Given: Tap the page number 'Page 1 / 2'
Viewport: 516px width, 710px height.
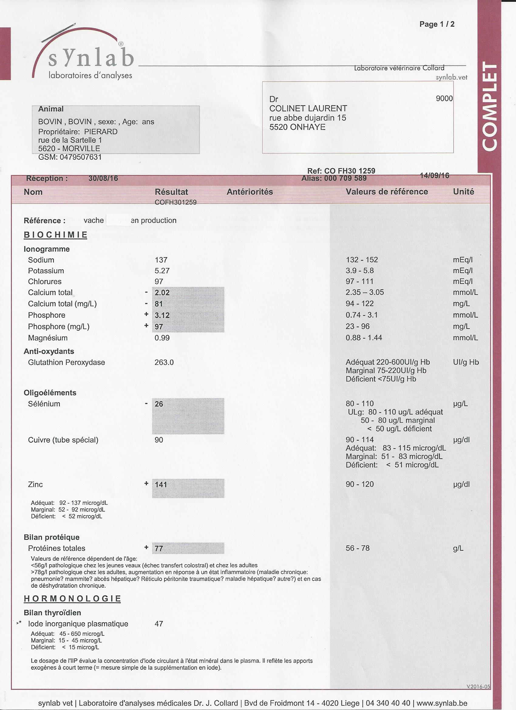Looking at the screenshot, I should [437, 24].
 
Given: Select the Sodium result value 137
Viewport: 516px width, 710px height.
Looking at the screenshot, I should [161, 260].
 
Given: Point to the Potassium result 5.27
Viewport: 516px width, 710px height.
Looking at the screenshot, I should [162, 271].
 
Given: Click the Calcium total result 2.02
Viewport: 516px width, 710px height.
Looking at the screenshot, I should [162, 293].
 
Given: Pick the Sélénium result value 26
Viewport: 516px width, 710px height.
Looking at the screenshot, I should [159, 404].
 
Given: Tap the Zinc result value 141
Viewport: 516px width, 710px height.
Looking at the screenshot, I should [161, 485].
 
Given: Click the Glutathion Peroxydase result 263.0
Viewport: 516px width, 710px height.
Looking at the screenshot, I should [164, 362].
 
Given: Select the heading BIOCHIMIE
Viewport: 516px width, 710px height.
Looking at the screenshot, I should [55, 235].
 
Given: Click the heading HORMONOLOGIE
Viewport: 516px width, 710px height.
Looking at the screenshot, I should [72, 599].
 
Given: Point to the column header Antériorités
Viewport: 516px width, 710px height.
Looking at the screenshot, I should [250, 192].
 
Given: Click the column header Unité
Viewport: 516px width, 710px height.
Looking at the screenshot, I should [463, 192].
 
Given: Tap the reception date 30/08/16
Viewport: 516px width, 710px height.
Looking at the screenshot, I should [103, 179].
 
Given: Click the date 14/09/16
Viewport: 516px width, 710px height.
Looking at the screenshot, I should [434, 176].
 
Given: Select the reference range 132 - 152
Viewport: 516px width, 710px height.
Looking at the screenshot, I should [362, 260].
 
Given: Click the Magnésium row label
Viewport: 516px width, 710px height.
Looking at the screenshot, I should [48, 338].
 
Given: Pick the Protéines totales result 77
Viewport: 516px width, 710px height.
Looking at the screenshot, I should [159, 548].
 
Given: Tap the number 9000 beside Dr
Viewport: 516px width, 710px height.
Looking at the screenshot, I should [444, 99].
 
